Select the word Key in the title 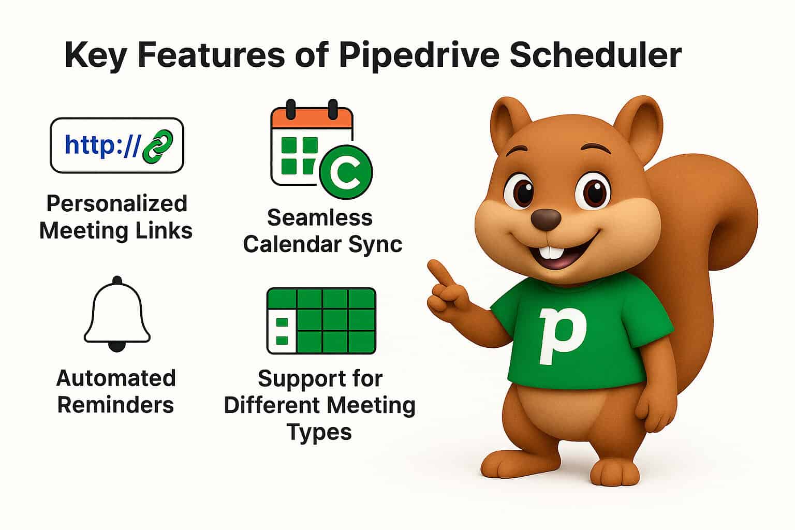point(95,56)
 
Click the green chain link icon point(157,145)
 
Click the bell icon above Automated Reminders point(117,314)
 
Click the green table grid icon point(321,320)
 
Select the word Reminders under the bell point(115,405)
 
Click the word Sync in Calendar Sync point(377,244)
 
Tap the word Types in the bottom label point(319,432)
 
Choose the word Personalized point(116,203)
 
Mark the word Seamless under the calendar point(320,218)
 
